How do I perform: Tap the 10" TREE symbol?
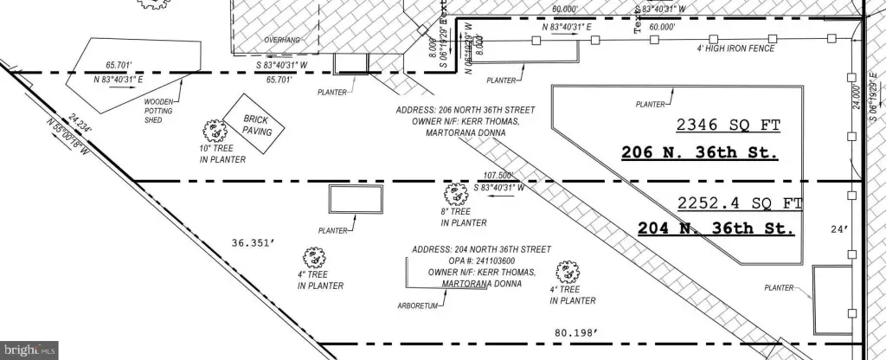212,132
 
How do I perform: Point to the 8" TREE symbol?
451,195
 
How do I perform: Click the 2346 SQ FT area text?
729,126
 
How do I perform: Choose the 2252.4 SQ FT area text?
740,204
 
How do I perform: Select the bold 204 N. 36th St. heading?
716,229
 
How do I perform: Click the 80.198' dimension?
575,331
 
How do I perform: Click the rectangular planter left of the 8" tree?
356,201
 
